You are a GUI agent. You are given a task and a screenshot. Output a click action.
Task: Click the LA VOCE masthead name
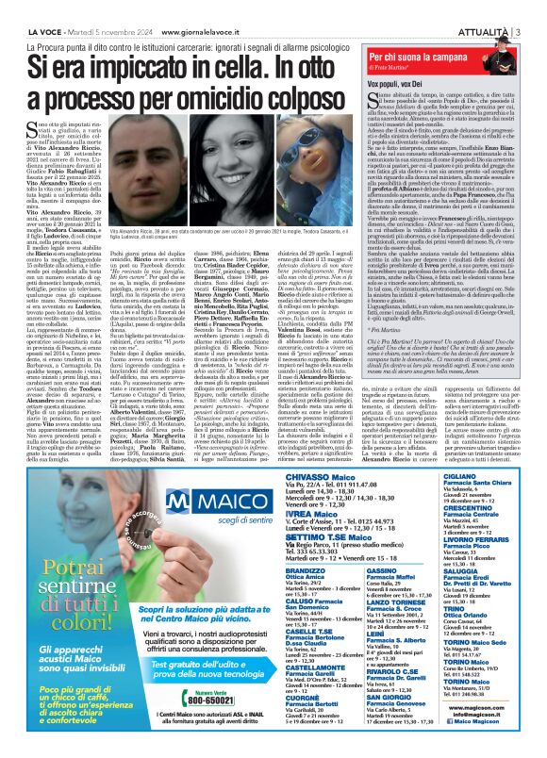coord(27,8)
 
